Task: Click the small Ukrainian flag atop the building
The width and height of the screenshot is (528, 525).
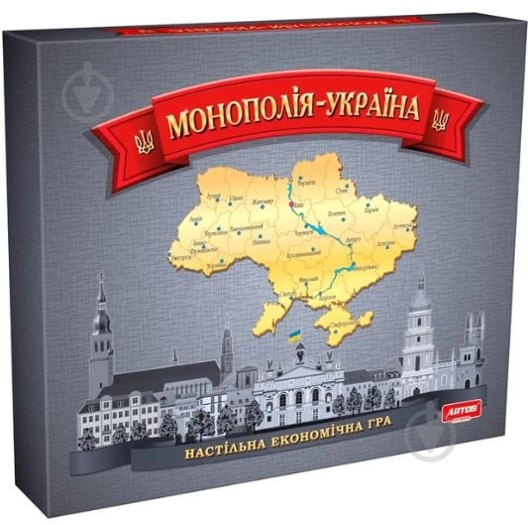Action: tap(294, 337)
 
